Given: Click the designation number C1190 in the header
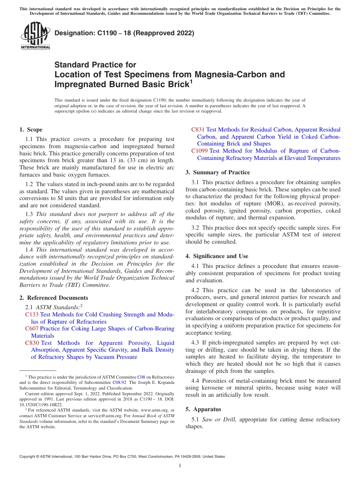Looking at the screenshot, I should pos(100,33).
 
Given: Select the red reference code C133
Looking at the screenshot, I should pos(32,315).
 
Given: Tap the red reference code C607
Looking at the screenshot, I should pos(32,329).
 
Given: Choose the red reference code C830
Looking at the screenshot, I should pos(32,343).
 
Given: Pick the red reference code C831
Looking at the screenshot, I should pos(198,130).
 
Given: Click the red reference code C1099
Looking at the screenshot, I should pos(199,151).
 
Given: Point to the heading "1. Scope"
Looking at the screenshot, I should pos(31,130).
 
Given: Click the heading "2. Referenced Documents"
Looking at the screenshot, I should pos(53,298).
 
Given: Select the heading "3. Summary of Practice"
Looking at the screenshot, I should pos(218,172).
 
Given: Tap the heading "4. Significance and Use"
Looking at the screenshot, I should pos(217,256).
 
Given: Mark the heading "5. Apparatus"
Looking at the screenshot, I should pos(203,409).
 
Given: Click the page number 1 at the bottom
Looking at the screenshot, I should pos(180,465).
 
